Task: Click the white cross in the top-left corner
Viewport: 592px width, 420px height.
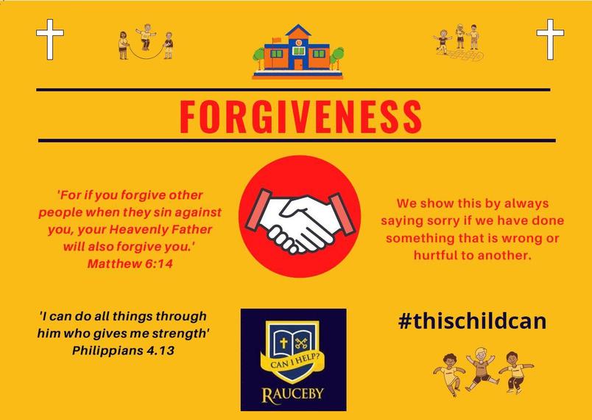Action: [x=50, y=39]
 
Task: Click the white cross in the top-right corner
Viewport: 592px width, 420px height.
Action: [x=550, y=39]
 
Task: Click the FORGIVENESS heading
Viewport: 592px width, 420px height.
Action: [x=300, y=116]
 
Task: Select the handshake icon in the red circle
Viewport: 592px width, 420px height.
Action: [x=300, y=223]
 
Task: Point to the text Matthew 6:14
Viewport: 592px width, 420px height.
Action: [x=130, y=264]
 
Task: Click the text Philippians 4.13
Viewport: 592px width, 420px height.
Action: [x=123, y=351]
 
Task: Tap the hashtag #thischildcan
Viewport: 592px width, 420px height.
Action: [x=472, y=321]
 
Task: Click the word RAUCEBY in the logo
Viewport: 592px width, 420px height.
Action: [x=293, y=394]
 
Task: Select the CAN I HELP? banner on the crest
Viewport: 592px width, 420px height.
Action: [x=292, y=363]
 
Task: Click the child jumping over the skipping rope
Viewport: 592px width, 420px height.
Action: [x=146, y=37]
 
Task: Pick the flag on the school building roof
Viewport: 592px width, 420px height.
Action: [x=276, y=41]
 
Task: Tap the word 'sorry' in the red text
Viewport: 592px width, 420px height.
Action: [x=445, y=221]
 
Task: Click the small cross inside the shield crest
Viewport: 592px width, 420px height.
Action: [x=283, y=343]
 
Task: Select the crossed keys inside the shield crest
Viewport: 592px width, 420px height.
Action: [x=301, y=343]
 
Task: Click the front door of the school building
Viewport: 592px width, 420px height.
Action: [x=298, y=64]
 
